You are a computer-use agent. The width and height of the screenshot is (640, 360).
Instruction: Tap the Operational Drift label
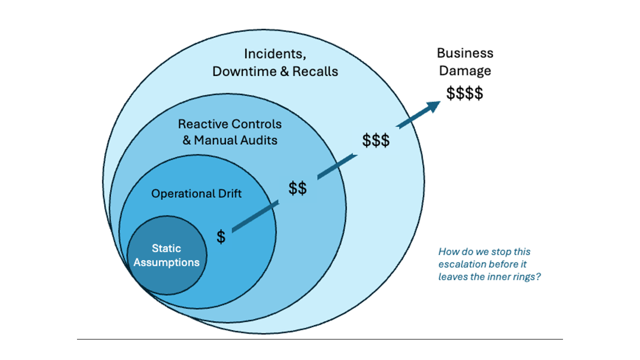click(x=196, y=193)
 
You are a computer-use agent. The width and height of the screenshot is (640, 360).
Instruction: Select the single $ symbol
click(x=221, y=236)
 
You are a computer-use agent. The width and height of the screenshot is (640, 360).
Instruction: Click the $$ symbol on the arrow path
click(x=297, y=188)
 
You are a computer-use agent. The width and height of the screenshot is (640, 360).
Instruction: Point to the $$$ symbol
click(x=376, y=141)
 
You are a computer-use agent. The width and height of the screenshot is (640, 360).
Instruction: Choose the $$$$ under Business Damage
click(x=464, y=93)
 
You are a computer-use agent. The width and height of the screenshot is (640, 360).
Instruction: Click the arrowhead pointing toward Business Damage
click(x=430, y=106)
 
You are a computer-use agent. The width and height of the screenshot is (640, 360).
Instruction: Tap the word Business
click(x=465, y=53)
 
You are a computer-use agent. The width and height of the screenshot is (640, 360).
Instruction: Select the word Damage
click(x=465, y=70)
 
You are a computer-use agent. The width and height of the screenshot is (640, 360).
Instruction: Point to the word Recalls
click(x=315, y=71)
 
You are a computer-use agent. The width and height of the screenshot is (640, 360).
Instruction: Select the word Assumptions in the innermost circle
click(x=167, y=262)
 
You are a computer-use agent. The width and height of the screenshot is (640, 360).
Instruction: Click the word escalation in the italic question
click(x=462, y=264)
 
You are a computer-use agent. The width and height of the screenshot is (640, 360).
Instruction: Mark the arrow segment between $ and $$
click(x=254, y=216)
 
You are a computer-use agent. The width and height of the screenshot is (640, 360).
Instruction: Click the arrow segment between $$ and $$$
click(x=337, y=166)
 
